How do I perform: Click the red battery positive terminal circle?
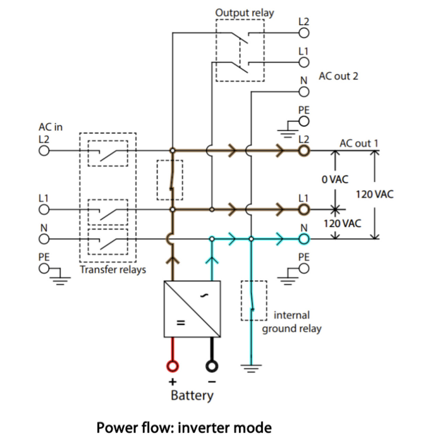pos(172,366)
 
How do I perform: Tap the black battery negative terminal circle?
pos(212,366)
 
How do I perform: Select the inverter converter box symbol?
pos(192,309)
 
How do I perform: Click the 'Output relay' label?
pos(244,13)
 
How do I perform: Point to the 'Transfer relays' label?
pos(113,270)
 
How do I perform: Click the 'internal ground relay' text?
pos(292,322)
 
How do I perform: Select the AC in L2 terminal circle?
pos(44,151)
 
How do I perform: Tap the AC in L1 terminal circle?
pos(44,210)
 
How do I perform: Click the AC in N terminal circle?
pos(44,238)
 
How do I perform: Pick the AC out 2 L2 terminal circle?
pos(304,33)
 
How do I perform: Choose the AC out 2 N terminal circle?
pos(304,92)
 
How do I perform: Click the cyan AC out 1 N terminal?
pos(304,238)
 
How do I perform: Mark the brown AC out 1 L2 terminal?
pos(304,151)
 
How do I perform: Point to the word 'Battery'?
pos(192,395)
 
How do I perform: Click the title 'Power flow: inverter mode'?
pos(184,428)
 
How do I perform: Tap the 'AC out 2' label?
pos(338,76)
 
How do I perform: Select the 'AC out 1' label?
pos(359,143)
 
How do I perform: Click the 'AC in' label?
pos(51,128)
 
